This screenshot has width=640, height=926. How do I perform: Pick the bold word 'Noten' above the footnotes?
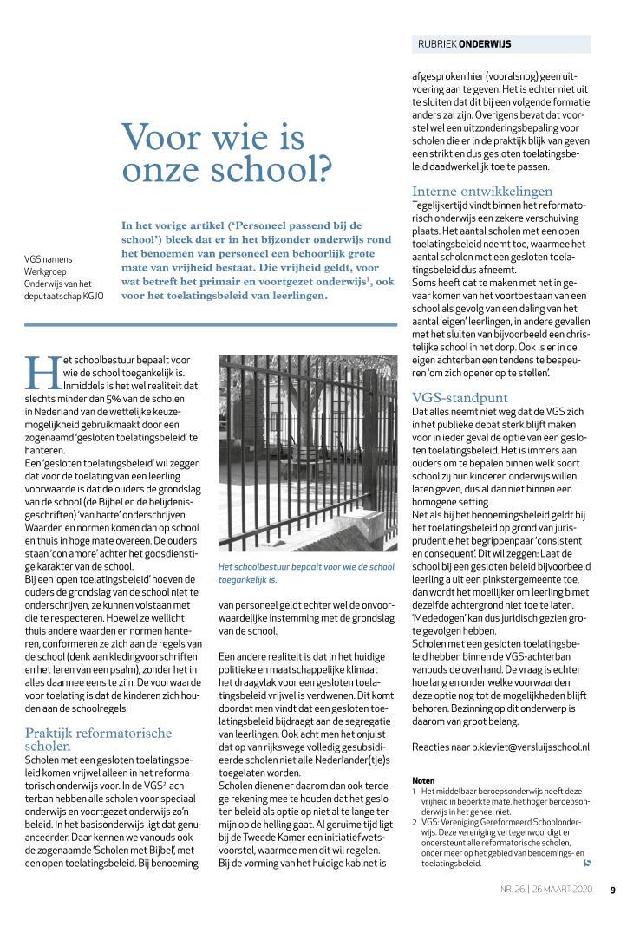tap(423, 780)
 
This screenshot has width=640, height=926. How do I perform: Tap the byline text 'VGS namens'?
tap(49, 258)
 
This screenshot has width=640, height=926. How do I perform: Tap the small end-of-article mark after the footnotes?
tap(587, 862)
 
